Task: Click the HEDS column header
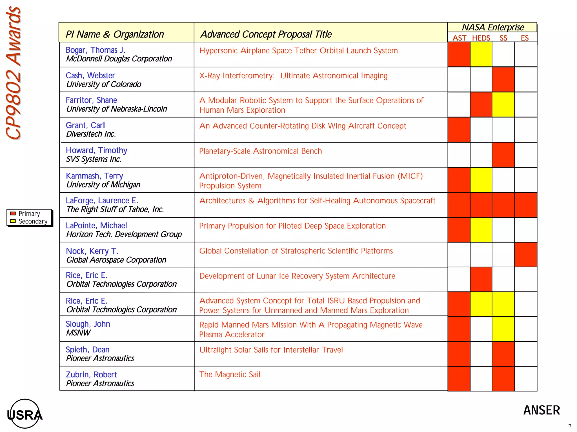click(x=481, y=38)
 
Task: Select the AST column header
click(x=459, y=38)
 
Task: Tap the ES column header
click(x=525, y=38)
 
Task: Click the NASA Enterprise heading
click(x=493, y=27)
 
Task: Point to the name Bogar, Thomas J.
click(x=96, y=50)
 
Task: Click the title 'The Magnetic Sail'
click(x=230, y=374)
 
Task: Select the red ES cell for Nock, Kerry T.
click(x=526, y=255)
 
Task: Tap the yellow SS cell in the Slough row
click(x=503, y=329)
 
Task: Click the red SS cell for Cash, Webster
click(x=503, y=79)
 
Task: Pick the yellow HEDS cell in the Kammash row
click(x=481, y=180)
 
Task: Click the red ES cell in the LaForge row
click(x=526, y=205)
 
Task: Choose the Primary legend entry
click(x=29, y=214)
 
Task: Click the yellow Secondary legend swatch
click(x=13, y=221)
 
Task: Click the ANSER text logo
click(x=542, y=410)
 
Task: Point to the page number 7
click(x=570, y=426)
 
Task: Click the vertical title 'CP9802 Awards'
click(x=14, y=73)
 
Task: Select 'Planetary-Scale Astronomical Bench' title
click(x=260, y=151)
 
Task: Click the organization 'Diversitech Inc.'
click(x=91, y=134)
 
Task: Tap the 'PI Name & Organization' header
click(x=115, y=34)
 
